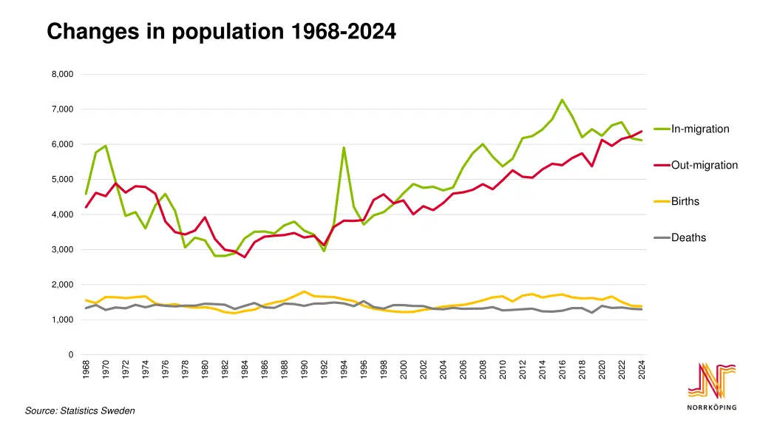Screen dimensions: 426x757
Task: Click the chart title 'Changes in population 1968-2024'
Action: click(221, 32)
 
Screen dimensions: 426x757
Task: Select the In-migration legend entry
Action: click(699, 129)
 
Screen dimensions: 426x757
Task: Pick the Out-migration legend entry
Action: click(704, 166)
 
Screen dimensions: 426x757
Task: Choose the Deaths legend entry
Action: click(688, 238)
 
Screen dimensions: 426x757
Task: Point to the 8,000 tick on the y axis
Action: click(62, 75)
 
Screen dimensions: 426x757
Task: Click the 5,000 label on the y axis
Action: click(62, 180)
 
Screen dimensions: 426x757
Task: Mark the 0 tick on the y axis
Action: click(70, 355)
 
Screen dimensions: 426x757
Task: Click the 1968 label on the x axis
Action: click(86, 370)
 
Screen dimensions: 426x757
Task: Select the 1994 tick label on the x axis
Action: click(344, 370)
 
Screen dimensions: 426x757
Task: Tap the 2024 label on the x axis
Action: click(642, 370)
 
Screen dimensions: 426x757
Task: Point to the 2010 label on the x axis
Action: click(503, 370)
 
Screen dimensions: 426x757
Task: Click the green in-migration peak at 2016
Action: click(562, 100)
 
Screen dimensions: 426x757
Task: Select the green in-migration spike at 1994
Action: click(344, 147)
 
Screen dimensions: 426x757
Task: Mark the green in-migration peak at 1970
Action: click(106, 146)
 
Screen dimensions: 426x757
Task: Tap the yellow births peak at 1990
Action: click(304, 291)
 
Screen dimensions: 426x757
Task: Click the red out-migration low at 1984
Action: click(245, 257)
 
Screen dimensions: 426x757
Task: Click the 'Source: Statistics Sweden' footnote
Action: click(80, 410)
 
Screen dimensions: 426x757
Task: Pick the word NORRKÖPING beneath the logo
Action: click(712, 408)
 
